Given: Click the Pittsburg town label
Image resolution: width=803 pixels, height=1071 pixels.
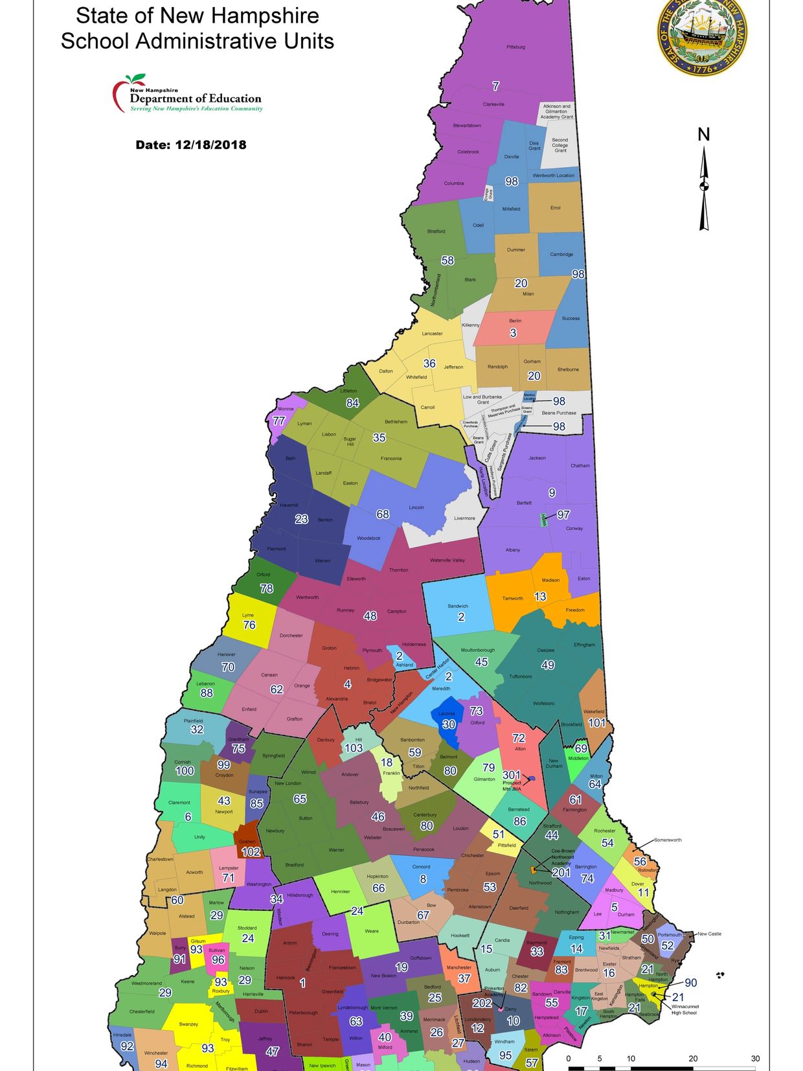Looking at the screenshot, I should click(x=515, y=47).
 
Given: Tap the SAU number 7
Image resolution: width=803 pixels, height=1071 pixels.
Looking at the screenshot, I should click(x=495, y=86).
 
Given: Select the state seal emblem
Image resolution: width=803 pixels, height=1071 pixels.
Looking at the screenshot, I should click(x=702, y=36).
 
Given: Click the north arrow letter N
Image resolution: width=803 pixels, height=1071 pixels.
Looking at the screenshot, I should click(x=704, y=135).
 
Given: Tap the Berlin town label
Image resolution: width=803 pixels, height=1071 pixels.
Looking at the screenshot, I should click(x=515, y=321).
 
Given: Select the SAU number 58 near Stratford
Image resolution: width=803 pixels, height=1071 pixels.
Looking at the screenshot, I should click(x=447, y=260).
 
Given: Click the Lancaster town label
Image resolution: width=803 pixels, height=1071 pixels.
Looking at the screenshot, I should click(x=432, y=334).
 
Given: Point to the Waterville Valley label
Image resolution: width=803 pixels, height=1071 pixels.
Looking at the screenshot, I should click(x=447, y=560).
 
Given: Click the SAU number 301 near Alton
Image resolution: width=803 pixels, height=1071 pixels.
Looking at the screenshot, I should click(x=512, y=775).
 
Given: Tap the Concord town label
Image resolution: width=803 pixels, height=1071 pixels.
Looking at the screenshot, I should click(x=421, y=867).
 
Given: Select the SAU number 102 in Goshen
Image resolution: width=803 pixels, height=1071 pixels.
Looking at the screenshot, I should click(x=251, y=852).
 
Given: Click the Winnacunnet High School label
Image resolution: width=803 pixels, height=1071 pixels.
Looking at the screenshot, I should click(x=684, y=1009).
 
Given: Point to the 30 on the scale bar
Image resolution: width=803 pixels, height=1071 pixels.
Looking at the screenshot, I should click(x=755, y=1058).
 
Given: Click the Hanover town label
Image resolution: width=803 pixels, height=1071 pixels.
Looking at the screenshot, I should click(x=226, y=654).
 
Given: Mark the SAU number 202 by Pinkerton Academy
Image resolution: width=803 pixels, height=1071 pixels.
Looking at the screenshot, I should click(x=482, y=1003).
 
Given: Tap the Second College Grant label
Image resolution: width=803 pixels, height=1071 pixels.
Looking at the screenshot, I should click(x=560, y=145).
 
